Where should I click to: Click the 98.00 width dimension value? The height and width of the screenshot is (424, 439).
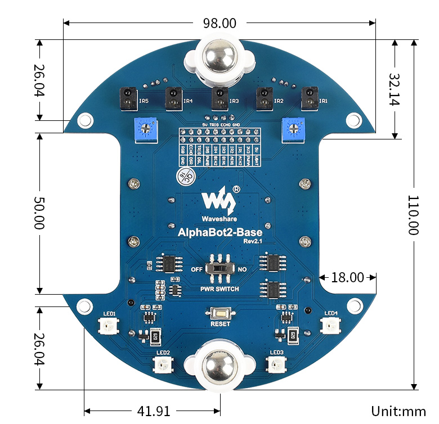[219, 23]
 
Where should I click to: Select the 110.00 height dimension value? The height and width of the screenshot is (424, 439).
[414, 215]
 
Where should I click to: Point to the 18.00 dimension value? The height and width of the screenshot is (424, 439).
[347, 277]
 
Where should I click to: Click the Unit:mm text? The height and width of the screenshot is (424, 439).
[398, 411]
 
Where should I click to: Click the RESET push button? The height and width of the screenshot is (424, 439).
[219, 313]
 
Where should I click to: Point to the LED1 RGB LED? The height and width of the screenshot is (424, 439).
[108, 326]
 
